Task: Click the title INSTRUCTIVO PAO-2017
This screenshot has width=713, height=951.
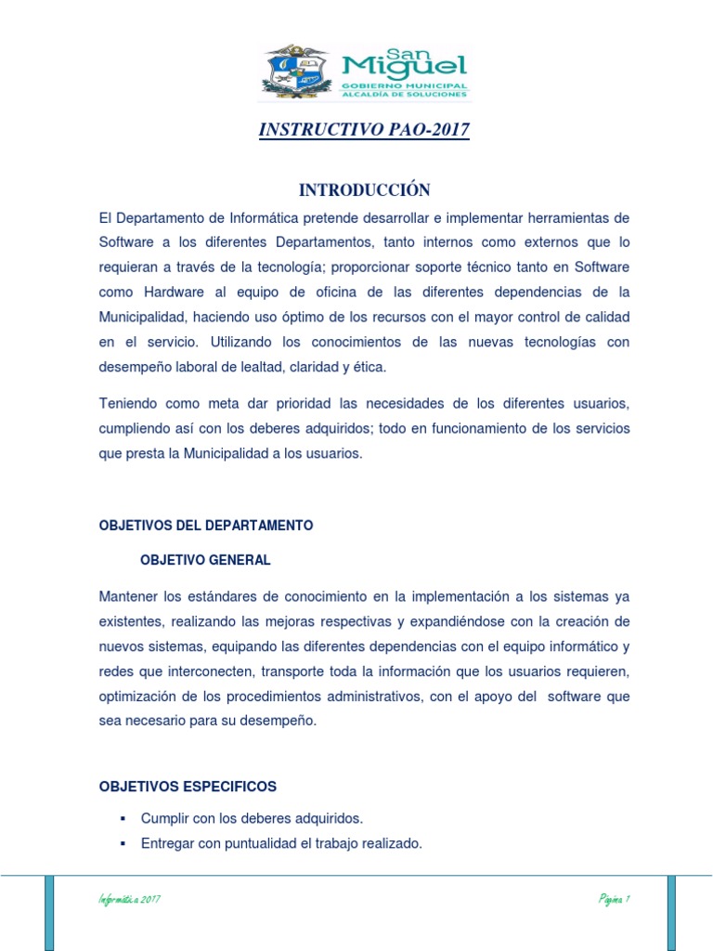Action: point(364,130)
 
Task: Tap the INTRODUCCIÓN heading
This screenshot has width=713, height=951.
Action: point(364,190)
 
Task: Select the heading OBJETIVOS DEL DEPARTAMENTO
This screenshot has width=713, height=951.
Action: point(206,526)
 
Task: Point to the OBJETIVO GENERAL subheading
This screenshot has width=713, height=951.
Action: point(205,560)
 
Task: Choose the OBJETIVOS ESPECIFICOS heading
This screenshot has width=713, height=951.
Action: point(188,787)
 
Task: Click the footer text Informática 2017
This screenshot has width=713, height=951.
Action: point(130,900)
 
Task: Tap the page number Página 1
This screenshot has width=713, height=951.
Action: point(615,900)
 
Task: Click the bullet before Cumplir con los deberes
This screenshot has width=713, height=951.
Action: point(122,818)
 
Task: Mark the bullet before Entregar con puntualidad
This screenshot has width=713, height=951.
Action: point(122,843)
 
